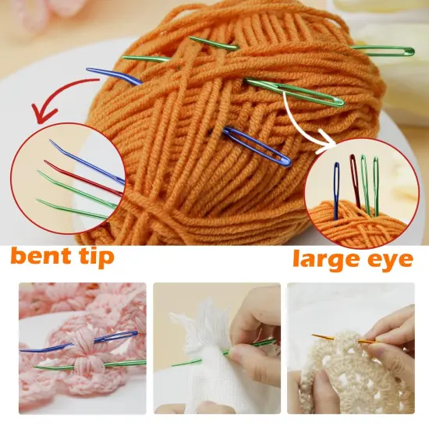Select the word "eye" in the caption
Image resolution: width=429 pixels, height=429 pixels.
click(x=391, y=260)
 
